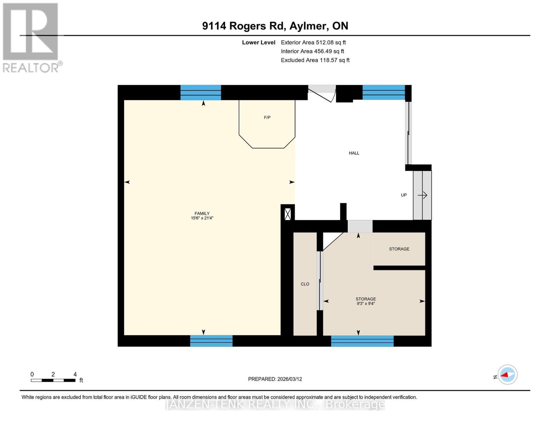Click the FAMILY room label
[202, 213]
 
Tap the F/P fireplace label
[267, 118]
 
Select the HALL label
[354, 153]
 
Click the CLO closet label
[305, 284]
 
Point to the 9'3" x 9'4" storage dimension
[365, 304]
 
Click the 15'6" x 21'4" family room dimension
[202, 218]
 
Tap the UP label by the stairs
[403, 195]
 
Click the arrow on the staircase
[423, 195]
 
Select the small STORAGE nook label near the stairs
[399, 249]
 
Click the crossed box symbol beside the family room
[288, 214]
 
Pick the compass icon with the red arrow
[508, 375]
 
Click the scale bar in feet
[53, 380]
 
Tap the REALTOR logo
[31, 37]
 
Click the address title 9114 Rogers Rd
[275, 26]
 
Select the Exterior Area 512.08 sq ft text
[313, 42]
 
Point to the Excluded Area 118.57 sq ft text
[315, 60]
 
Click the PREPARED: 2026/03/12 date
[275, 379]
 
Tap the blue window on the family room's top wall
[201, 92]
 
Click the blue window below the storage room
[362, 341]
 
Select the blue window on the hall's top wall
[383, 92]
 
